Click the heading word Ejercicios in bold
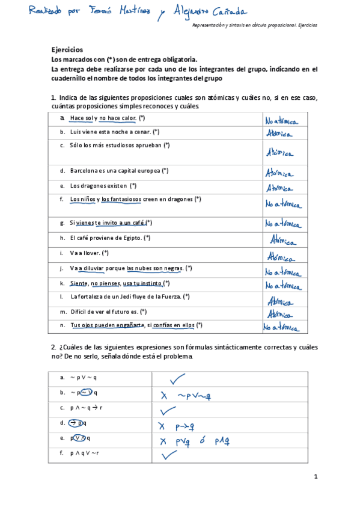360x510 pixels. pyautogui.click(x=67, y=50)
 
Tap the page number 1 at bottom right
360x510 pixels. pyautogui.click(x=315, y=477)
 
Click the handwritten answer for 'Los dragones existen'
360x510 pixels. pyautogui.click(x=280, y=188)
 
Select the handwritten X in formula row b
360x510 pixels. pyautogui.click(x=163, y=395)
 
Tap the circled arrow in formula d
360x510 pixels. pyautogui.click(x=75, y=423)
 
